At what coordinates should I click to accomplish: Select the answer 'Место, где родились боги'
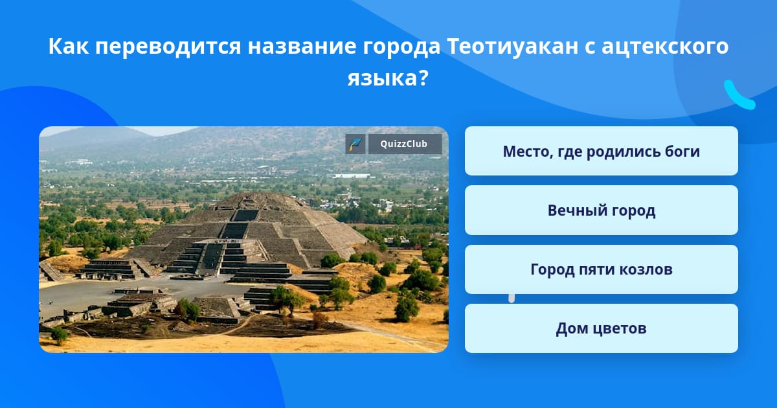[x=601, y=151]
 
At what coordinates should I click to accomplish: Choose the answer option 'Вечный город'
[x=601, y=210]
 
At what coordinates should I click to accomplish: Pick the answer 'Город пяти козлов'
[x=601, y=269]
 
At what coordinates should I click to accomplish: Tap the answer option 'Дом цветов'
[x=601, y=328]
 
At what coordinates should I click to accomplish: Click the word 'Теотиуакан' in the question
[x=513, y=46]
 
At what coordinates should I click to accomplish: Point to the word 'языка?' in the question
[x=388, y=78]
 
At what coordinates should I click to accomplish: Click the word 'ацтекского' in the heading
[x=665, y=47]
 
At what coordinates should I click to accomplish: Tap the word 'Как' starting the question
[x=69, y=46]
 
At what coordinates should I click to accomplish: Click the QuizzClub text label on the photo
[x=404, y=144]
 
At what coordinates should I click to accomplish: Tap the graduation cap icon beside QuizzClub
[x=355, y=144]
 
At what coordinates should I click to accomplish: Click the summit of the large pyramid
[x=258, y=196]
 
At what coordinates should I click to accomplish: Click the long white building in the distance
[x=351, y=176]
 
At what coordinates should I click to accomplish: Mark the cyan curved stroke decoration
[x=738, y=96]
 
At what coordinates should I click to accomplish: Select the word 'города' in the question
[x=401, y=47]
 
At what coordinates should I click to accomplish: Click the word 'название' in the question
[x=302, y=47]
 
